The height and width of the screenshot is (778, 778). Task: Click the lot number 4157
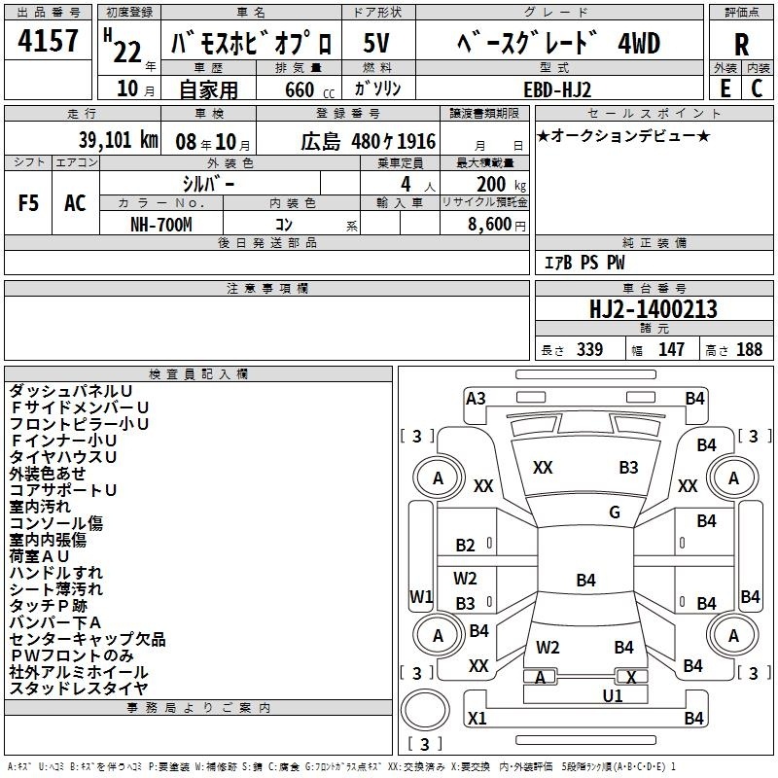tap(48, 40)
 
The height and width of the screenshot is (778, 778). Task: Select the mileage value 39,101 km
tap(119, 140)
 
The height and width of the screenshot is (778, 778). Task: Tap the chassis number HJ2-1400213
tap(654, 309)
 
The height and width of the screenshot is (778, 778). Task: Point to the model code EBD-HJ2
tap(557, 89)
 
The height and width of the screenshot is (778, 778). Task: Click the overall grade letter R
tap(741, 45)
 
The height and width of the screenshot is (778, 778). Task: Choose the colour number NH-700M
tap(161, 225)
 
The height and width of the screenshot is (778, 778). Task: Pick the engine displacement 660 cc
tap(309, 89)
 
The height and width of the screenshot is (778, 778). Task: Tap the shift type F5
tap(28, 203)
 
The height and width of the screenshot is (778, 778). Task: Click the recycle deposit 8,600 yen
tap(497, 225)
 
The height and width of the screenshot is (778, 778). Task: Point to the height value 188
tap(749, 349)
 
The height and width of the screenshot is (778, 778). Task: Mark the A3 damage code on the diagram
tap(476, 399)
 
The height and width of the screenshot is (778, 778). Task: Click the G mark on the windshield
tap(615, 513)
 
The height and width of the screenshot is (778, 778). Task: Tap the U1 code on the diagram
tap(613, 696)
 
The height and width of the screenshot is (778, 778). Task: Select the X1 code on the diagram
tap(477, 718)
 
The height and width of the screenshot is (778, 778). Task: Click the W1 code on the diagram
tap(421, 596)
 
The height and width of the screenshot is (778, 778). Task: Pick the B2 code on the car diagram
tap(466, 546)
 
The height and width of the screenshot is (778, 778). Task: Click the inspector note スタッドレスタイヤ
tap(79, 689)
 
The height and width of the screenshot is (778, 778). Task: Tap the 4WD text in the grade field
tap(639, 44)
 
